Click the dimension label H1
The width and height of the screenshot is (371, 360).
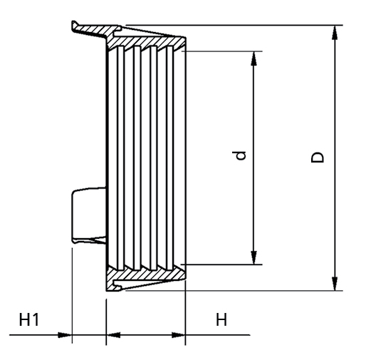click(28, 319)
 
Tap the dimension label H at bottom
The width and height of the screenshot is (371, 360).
click(221, 319)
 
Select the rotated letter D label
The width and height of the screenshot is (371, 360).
click(318, 158)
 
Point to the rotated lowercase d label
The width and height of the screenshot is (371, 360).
click(239, 155)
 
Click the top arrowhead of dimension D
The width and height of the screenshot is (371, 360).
click(335, 32)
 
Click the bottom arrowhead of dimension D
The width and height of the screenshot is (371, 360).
click(335, 284)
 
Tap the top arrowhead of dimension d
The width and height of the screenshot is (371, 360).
click(254, 58)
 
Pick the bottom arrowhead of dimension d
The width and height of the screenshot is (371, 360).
click(254, 257)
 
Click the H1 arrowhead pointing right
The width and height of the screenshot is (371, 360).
click(65, 335)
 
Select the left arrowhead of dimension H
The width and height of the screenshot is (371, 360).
click(113, 335)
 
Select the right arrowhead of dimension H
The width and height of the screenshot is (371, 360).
click(178, 335)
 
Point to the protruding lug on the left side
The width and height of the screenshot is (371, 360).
click(89, 215)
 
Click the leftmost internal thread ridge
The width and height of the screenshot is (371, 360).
click(120, 158)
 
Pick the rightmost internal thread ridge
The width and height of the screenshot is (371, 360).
click(170, 158)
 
